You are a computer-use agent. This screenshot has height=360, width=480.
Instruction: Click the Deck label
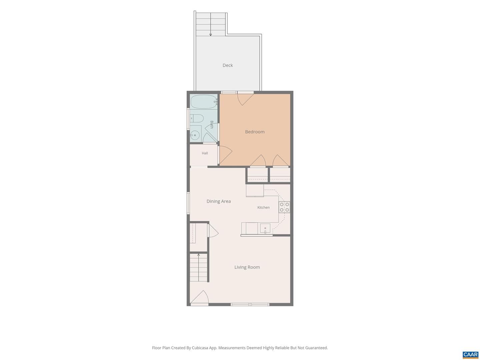coord(227,65)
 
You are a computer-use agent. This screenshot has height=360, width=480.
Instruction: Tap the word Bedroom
coord(255,132)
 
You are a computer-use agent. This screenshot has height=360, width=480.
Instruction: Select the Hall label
coord(205,153)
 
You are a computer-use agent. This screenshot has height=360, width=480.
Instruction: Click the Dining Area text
coord(218,201)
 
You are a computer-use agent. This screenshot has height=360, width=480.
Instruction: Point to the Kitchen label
coord(263,207)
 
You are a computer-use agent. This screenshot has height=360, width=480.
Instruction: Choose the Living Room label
coord(247,267)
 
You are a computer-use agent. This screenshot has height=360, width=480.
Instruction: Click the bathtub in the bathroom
coord(204,102)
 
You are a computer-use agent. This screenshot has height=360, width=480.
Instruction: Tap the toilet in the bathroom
coord(197,118)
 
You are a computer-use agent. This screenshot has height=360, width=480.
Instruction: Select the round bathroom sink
coord(195,135)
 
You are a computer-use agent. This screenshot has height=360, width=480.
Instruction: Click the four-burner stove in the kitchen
coord(284,207)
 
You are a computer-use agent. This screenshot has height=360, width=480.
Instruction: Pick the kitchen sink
coord(265,228)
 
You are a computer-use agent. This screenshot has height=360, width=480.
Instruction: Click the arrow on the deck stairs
coord(210,24)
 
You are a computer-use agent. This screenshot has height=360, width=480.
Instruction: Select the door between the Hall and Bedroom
coord(225,155)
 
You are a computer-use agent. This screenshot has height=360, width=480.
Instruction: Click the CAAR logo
coord(470,354)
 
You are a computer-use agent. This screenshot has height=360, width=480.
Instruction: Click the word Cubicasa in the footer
coord(200,348)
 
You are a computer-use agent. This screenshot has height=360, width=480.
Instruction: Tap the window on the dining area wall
coord(188,203)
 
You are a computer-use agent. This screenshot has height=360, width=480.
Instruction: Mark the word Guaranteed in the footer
coord(316,348)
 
